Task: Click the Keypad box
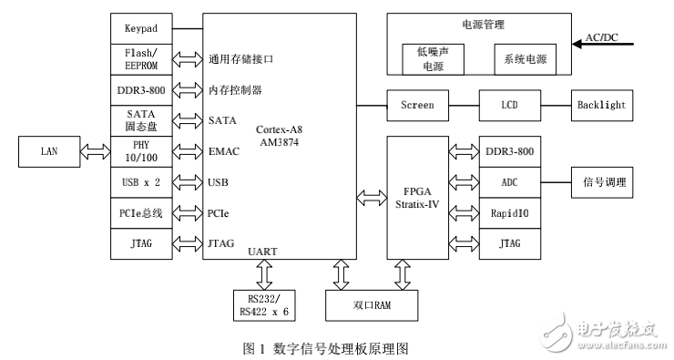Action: click(x=141, y=27)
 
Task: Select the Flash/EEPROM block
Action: click(x=141, y=58)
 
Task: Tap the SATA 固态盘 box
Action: click(x=141, y=120)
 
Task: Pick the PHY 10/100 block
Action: click(x=141, y=150)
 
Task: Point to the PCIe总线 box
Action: click(x=141, y=212)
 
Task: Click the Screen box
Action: click(x=417, y=106)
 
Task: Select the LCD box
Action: click(x=509, y=106)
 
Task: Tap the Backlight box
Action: click(x=601, y=106)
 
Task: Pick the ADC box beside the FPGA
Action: click(x=509, y=182)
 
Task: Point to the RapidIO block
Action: click(x=509, y=213)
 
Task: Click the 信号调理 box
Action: click(x=601, y=182)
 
